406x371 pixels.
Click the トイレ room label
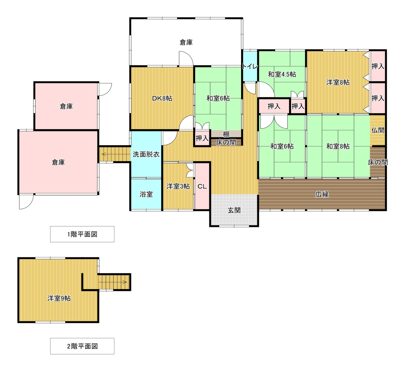[x=250, y=66]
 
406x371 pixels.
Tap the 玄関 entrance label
[x=234, y=210]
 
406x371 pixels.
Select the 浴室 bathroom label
[x=146, y=194]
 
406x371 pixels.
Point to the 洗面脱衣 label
[x=146, y=155]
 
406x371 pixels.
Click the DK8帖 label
[x=162, y=99]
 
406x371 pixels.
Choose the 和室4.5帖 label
[x=282, y=75]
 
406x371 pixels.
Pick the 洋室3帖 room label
[x=178, y=186]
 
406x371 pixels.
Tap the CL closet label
[x=202, y=186]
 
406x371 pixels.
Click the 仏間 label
[x=378, y=130]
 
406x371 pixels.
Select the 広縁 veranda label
[x=322, y=194]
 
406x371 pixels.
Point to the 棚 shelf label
[x=226, y=134]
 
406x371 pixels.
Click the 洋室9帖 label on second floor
[x=59, y=298]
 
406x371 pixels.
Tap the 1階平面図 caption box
[x=82, y=234]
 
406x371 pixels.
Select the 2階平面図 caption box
[x=82, y=346]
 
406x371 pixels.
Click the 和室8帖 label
[x=338, y=146]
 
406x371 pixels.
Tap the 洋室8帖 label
[x=338, y=83]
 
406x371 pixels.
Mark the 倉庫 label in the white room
[x=186, y=43]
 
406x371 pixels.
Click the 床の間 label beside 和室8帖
[x=378, y=162]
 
